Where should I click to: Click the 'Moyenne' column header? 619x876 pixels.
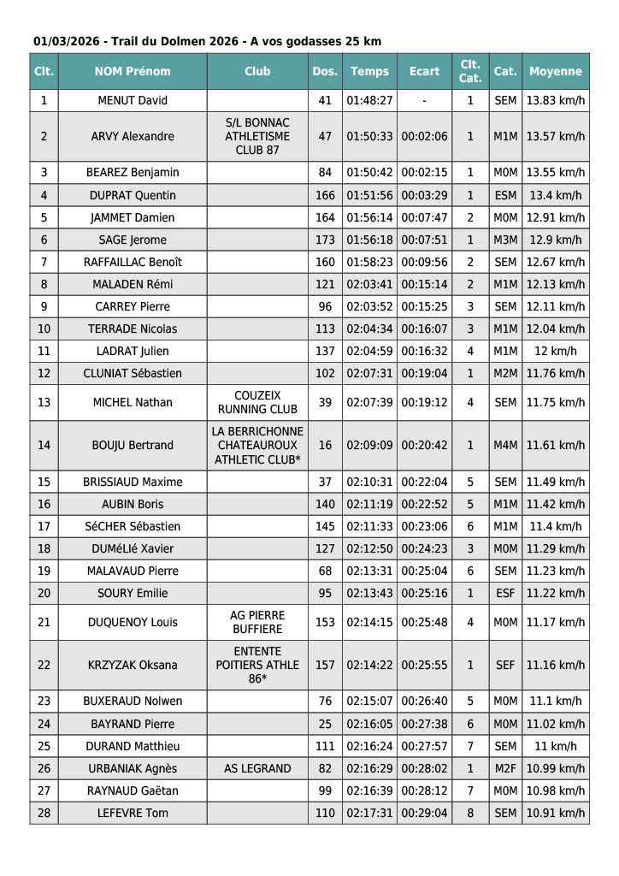coord(556,72)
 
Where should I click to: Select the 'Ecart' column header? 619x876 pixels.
coord(424,72)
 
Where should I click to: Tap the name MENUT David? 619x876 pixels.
coord(133,101)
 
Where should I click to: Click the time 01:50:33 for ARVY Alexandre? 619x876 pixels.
coord(370,137)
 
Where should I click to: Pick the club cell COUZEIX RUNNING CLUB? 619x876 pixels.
coord(257,403)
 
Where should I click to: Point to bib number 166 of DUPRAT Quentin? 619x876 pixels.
coord(325,196)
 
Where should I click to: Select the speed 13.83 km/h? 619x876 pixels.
coord(556,101)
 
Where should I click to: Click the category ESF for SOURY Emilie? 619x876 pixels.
coord(505,594)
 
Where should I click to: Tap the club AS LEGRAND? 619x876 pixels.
coord(257,769)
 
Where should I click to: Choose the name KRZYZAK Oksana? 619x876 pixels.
coord(133,666)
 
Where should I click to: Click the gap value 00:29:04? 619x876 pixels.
coord(424,814)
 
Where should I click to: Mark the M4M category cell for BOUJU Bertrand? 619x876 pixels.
coord(505,446)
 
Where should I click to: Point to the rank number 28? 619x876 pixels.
coord(44,814)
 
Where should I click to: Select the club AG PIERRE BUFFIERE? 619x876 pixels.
coord(257,623)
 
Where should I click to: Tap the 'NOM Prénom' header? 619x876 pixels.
coord(133,72)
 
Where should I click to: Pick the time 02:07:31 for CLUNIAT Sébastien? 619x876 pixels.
coord(370,374)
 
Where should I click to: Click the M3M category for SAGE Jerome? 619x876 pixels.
coord(505,240)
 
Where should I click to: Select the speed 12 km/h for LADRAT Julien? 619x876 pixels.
coord(556,352)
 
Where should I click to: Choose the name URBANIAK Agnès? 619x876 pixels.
coord(133,769)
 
